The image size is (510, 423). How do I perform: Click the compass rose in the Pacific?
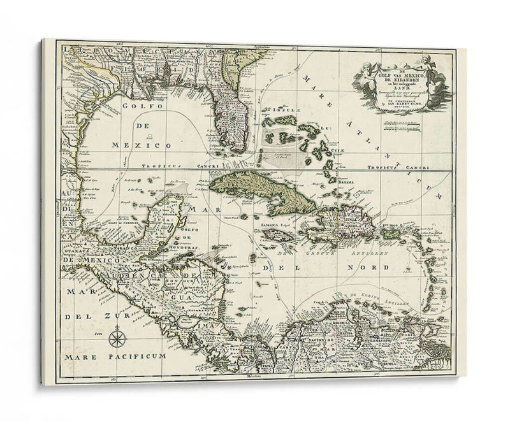(117, 335)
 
